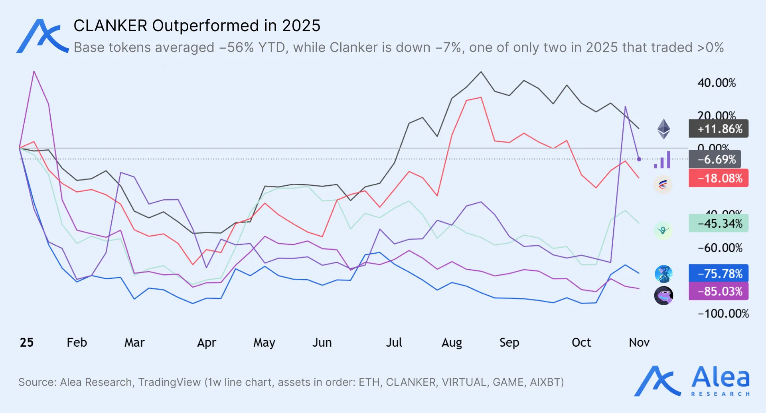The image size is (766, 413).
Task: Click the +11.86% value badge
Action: (x=719, y=129)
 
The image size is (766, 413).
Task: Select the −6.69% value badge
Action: (x=715, y=159)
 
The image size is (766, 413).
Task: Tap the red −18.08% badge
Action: (x=719, y=178)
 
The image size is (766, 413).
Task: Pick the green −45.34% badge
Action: (x=719, y=223)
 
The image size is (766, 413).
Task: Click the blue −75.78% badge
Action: (x=719, y=274)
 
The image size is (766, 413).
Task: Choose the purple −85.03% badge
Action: (x=719, y=291)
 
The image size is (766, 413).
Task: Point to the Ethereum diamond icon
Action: (x=663, y=129)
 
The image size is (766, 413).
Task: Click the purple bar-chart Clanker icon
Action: (x=663, y=160)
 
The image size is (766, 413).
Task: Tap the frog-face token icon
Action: (x=663, y=296)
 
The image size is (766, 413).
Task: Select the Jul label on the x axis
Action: (x=394, y=342)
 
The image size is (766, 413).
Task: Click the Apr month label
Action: (x=206, y=342)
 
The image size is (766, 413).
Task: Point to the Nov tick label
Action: (x=639, y=342)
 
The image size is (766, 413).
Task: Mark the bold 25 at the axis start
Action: (x=27, y=342)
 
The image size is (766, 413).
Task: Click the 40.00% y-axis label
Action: (x=717, y=83)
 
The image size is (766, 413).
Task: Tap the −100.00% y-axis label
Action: (x=723, y=314)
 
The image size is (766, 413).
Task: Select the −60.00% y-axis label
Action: (x=720, y=248)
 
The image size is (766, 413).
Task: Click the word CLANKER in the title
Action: (x=111, y=26)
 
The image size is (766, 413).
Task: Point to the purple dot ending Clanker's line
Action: (x=639, y=159)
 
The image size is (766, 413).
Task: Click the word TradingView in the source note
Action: (x=170, y=382)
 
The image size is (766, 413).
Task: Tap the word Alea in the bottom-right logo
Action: (x=721, y=378)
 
